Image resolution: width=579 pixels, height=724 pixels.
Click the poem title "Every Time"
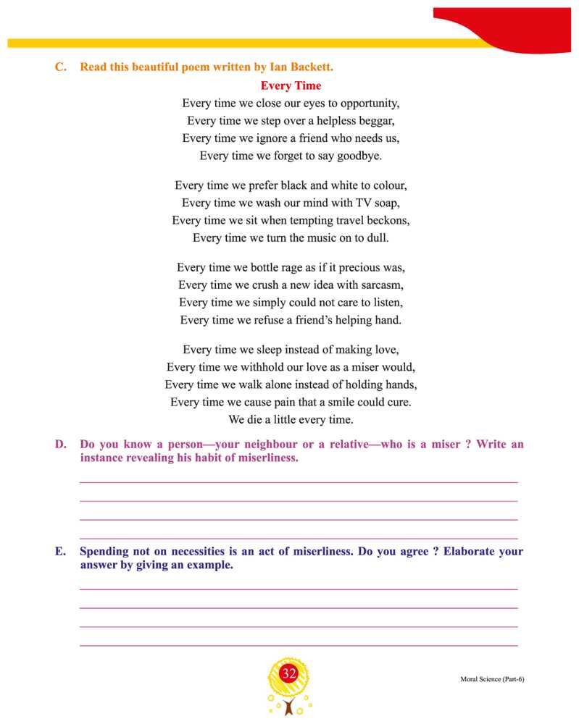coord(291,85)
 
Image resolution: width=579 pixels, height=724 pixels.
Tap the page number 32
coord(289,674)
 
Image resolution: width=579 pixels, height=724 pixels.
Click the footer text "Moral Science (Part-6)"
coord(491,679)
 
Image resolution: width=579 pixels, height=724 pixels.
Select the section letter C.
coord(61,67)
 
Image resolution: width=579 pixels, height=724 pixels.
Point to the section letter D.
coord(61,444)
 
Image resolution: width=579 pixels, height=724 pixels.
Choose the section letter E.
coord(60,551)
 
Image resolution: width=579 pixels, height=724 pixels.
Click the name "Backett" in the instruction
coord(311,67)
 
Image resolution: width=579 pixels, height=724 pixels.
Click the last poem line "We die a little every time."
coord(291,419)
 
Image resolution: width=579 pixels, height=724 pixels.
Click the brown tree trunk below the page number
coord(289,707)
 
